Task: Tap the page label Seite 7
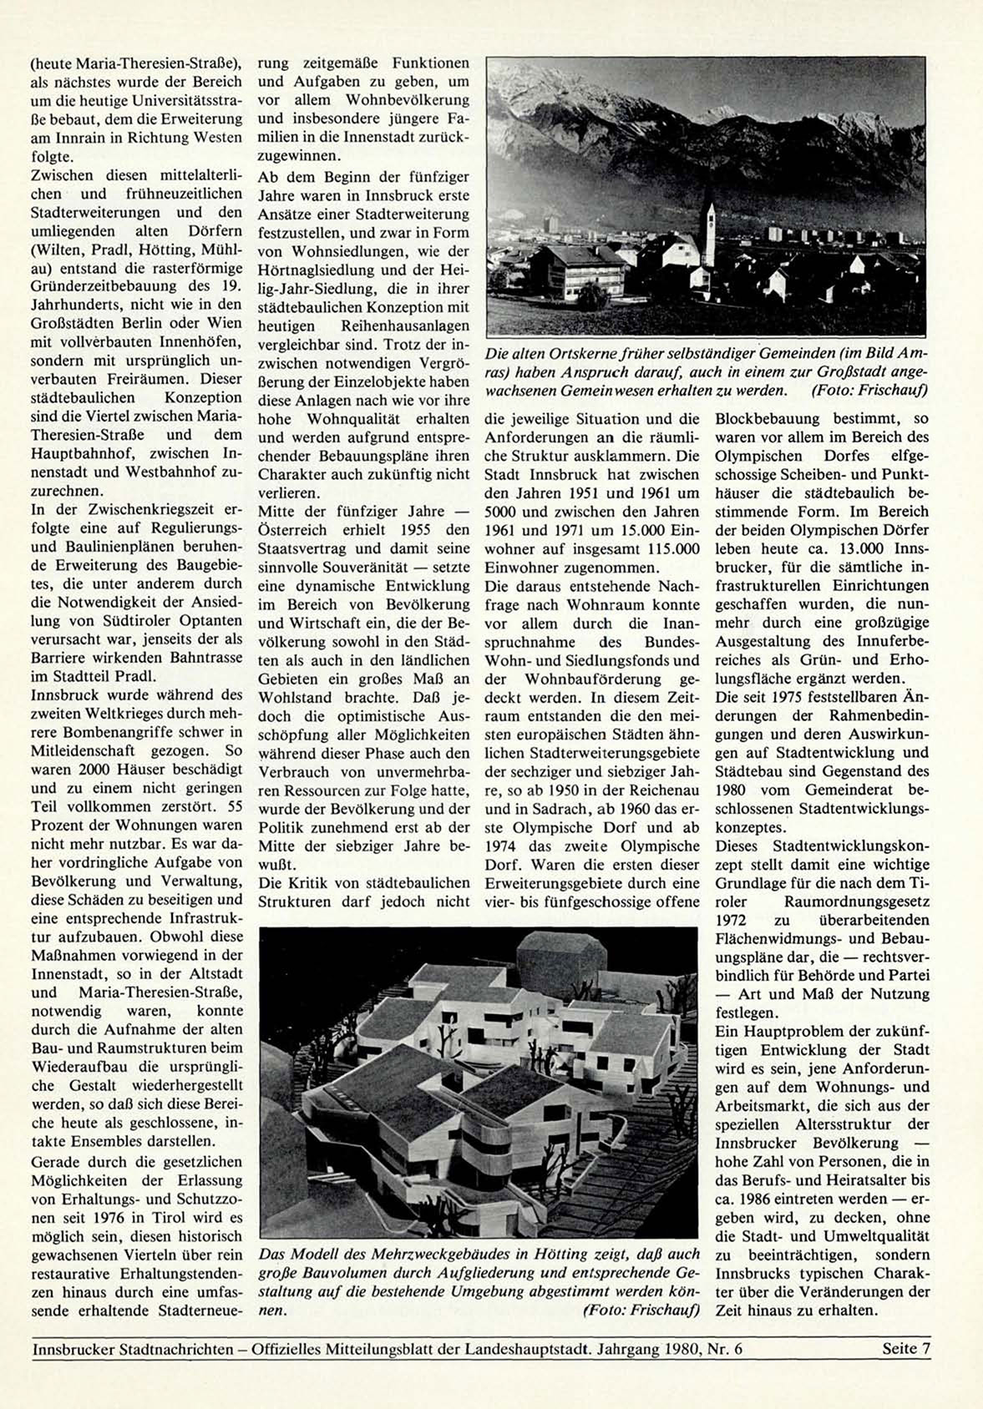(x=905, y=1348)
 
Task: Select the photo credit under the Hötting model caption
(x=641, y=1310)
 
